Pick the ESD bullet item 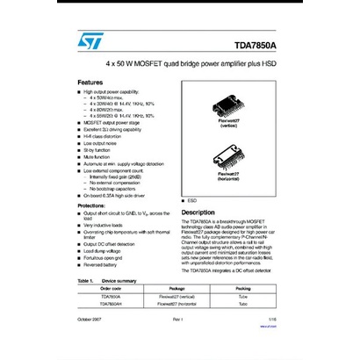[x=192, y=201]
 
